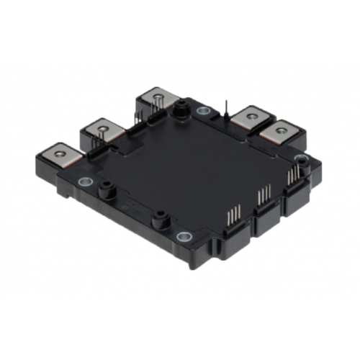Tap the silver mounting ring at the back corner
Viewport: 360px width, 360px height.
click(204, 111)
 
